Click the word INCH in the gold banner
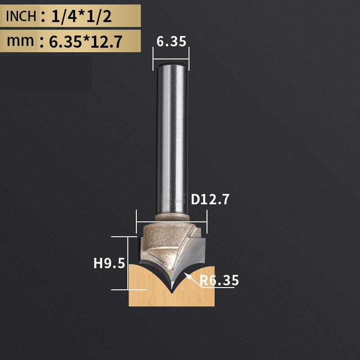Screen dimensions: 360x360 tap(21, 16)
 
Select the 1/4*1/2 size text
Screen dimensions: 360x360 tap(81, 16)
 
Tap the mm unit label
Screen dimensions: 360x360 tap(20, 40)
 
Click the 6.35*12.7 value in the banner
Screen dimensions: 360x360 tap(85, 41)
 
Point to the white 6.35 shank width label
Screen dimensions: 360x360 tap(171, 41)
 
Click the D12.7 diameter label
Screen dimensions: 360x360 tap(210, 199)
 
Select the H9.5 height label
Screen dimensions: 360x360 tap(109, 263)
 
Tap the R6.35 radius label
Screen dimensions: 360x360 tap(219, 280)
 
